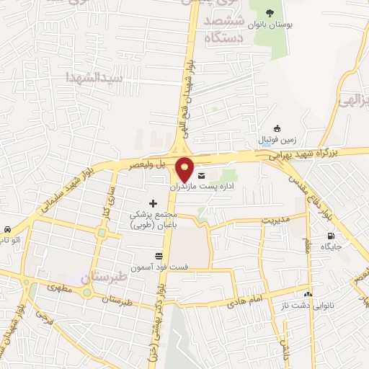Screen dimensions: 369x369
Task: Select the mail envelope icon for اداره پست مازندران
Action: [x=200, y=175]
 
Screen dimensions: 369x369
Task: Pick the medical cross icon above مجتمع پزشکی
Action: [x=152, y=204]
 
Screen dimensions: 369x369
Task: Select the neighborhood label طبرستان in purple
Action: [x=105, y=277]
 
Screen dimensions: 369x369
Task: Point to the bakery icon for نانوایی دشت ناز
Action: [x=308, y=294]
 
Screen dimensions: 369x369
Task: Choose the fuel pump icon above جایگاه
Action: [x=331, y=236]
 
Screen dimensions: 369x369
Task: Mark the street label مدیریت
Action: [x=274, y=219]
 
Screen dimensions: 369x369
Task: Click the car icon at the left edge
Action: [x=6, y=228]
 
